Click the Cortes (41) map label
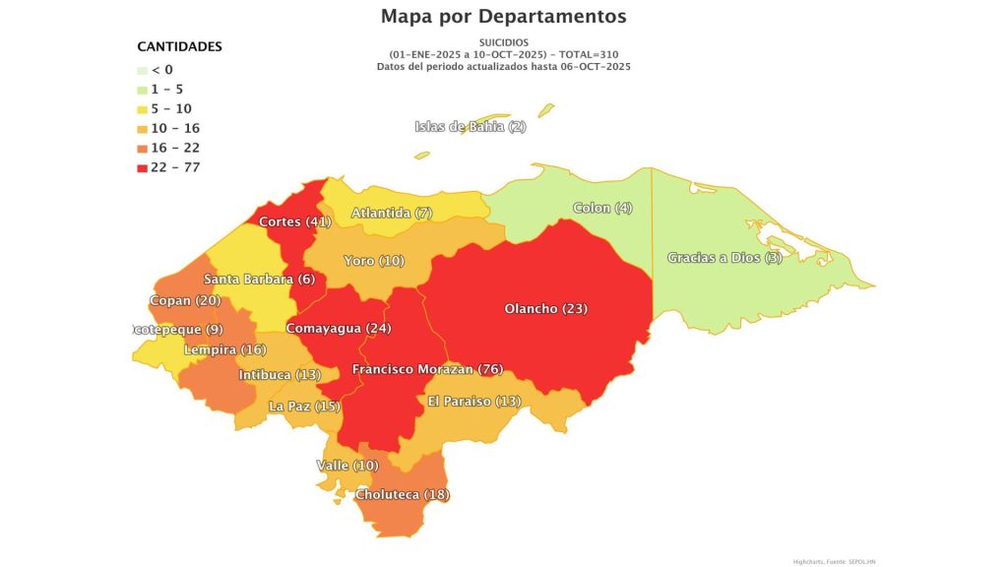[294, 221]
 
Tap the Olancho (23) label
[545, 309]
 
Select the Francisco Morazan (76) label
[427, 369]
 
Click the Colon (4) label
[603, 208]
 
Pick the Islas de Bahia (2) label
[471, 126]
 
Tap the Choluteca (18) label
[402, 494]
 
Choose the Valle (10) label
[346, 465]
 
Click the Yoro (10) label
[373, 261]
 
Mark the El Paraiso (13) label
[473, 401]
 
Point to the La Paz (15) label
[304, 406]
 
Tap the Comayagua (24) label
[338, 328]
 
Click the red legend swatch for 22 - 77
[143, 167]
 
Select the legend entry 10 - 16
[178, 128]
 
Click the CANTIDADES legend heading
[179, 46]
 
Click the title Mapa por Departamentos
[503, 17]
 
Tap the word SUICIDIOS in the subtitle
[503, 42]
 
